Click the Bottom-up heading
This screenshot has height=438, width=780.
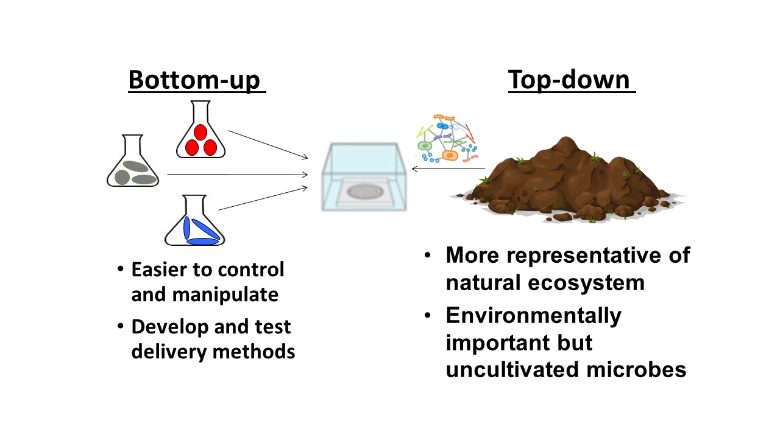197,80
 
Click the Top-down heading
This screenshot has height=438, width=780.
572,80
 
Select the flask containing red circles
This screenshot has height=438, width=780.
200,130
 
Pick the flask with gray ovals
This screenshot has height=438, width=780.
133,161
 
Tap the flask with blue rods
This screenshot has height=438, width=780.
194,220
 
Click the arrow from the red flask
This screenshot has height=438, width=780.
268,145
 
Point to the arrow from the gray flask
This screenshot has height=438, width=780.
238,174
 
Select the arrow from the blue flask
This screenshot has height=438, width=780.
263,198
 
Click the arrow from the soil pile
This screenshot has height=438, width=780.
448,169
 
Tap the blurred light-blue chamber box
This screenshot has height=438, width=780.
364,176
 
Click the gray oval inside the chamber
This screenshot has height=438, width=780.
365,192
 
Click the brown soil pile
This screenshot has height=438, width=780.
567,180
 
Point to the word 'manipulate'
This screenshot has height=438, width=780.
225,295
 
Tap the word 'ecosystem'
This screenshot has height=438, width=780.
586,283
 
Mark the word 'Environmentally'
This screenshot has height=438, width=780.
533,316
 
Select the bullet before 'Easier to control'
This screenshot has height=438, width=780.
121,269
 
